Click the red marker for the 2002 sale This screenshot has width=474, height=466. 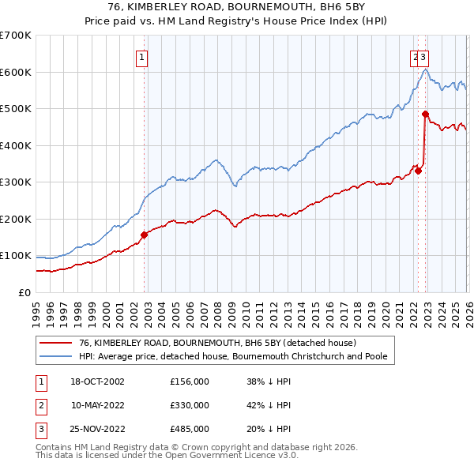(x=145, y=235)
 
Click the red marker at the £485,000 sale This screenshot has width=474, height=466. (x=425, y=114)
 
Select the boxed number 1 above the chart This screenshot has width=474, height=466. (x=141, y=56)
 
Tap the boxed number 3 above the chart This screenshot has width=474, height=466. (x=424, y=56)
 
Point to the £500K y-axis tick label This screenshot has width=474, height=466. (x=16, y=108)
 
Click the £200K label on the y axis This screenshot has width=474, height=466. (x=16, y=219)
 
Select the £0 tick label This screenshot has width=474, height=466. (x=24, y=292)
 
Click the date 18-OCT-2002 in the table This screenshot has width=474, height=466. (x=97, y=381)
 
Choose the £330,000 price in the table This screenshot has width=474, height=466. (x=190, y=405)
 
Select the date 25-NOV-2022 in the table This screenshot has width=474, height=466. (x=97, y=430)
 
